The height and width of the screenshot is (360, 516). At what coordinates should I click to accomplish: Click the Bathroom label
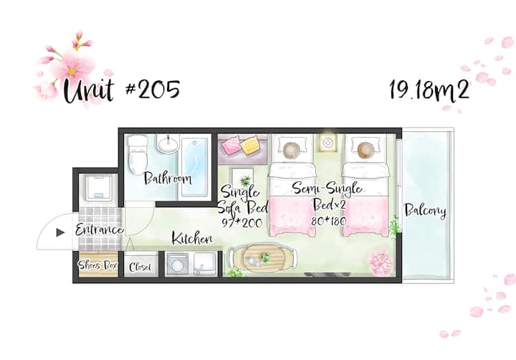tap(168, 178)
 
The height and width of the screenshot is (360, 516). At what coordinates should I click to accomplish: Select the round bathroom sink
tap(168, 144)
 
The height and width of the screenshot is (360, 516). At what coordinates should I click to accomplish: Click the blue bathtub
tap(194, 168)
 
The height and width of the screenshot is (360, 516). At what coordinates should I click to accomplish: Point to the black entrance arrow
tap(60, 232)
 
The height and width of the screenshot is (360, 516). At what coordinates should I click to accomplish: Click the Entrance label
tap(99, 229)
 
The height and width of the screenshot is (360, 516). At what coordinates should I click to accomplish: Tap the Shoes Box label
tap(98, 265)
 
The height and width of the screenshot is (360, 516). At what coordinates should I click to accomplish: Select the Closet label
tap(140, 267)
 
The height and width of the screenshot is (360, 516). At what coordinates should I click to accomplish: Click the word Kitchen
tap(192, 238)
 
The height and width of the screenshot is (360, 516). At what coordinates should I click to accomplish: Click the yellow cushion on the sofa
tap(251, 146)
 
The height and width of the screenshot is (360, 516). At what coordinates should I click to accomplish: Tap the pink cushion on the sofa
tap(231, 146)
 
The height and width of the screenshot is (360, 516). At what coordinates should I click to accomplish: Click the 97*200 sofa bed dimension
tap(242, 223)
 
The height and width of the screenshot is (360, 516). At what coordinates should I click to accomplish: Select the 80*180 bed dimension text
tap(329, 220)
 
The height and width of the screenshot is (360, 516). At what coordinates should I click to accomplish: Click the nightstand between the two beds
tap(328, 143)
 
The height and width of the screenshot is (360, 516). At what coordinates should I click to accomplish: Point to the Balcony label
tap(425, 210)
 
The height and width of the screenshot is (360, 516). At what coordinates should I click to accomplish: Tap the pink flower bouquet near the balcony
tap(382, 263)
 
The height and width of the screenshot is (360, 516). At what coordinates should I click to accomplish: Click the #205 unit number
tap(153, 89)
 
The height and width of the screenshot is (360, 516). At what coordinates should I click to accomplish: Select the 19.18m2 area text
tap(429, 90)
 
